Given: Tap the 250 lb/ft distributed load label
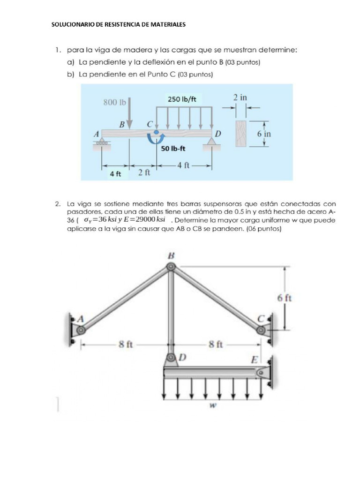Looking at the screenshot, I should click(x=182, y=99).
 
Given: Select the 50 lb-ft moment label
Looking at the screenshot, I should click(x=173, y=149).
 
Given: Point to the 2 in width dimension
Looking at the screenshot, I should click(x=240, y=97).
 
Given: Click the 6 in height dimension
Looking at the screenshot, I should click(x=264, y=133).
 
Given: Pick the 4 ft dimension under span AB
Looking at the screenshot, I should click(x=115, y=173).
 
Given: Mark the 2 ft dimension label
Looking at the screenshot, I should click(x=144, y=172).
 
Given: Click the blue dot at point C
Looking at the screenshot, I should click(x=156, y=133).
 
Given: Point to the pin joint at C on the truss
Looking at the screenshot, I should click(x=261, y=330).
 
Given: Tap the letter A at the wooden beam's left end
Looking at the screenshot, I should click(x=97, y=134).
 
